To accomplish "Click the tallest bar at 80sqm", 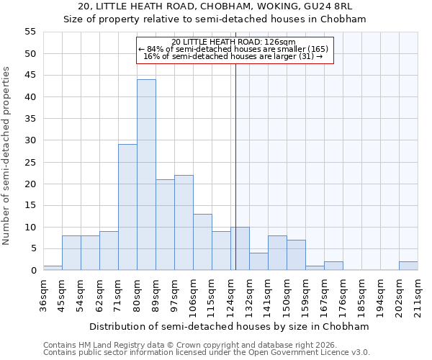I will (x=146, y=175).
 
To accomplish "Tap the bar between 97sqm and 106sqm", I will (x=184, y=222).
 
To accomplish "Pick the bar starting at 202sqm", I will (x=408, y=266).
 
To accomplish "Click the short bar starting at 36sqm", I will (x=53, y=268).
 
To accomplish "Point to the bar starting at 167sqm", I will (x=333, y=266).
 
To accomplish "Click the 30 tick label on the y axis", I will (x=30, y=140).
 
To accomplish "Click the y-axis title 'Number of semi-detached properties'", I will (x=6, y=156).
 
